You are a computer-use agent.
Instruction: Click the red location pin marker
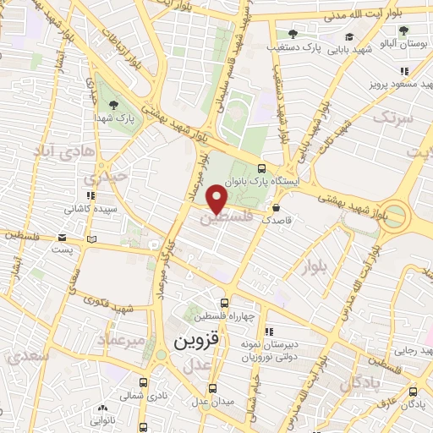pyautogui.click(x=218, y=199)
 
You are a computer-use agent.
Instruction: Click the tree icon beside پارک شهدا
pyautogui.click(x=114, y=105)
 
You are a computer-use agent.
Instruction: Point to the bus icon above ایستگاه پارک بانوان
pyautogui.click(x=262, y=168)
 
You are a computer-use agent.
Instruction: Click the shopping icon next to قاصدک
pyautogui.click(x=277, y=206)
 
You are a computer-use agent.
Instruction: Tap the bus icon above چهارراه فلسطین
pyautogui.click(x=224, y=303)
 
